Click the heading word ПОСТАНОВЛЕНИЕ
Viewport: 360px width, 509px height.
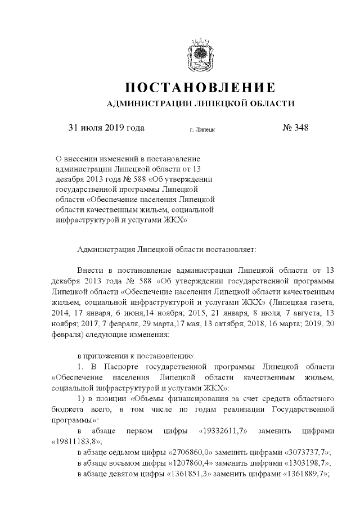(200, 88)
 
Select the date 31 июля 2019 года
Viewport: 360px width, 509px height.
(106, 128)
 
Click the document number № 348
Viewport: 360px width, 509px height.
(295, 128)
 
